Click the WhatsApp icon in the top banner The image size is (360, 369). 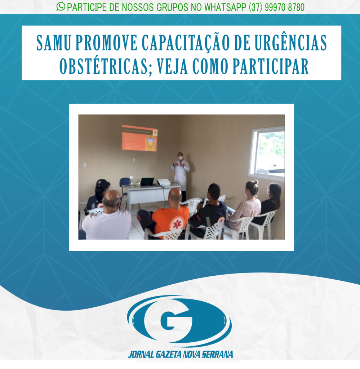click(61, 6)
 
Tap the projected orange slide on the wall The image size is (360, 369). click(139, 138)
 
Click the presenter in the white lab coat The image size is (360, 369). click(180, 173)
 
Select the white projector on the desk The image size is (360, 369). click(164, 182)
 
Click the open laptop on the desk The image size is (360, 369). click(147, 182)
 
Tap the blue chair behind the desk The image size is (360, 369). click(125, 184)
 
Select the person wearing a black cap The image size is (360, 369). click(99, 195)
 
